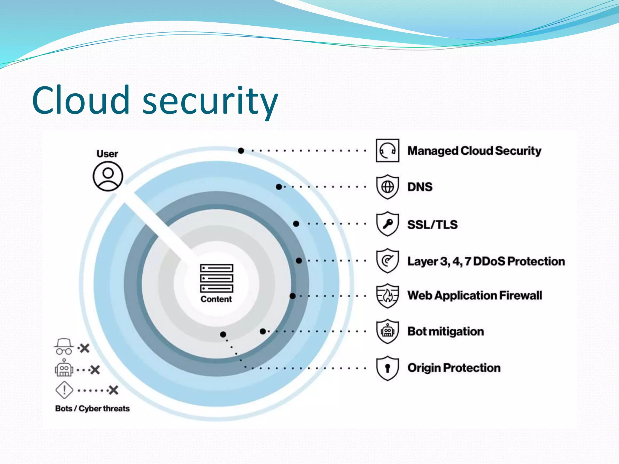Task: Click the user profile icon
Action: tap(108, 176)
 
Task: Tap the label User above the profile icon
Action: tap(107, 153)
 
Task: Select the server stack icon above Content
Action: tap(216, 278)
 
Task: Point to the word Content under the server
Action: tap(216, 299)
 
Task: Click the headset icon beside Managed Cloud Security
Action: tap(387, 150)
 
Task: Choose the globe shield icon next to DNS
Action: tap(387, 187)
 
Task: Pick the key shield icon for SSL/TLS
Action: tap(387, 224)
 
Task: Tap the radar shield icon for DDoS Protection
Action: tap(387, 261)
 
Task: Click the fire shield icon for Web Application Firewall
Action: tap(387, 295)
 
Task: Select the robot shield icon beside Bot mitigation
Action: tap(387, 331)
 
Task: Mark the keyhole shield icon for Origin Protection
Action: tap(387, 368)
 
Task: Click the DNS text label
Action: tap(420, 187)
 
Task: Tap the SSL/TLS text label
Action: tap(432, 224)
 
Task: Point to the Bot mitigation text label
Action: tap(446, 331)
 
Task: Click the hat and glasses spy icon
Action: tap(64, 346)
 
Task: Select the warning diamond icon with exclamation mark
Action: tap(64, 390)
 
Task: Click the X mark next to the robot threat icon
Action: tap(95, 370)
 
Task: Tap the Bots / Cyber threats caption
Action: tap(92, 408)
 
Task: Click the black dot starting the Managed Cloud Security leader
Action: tap(241, 150)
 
